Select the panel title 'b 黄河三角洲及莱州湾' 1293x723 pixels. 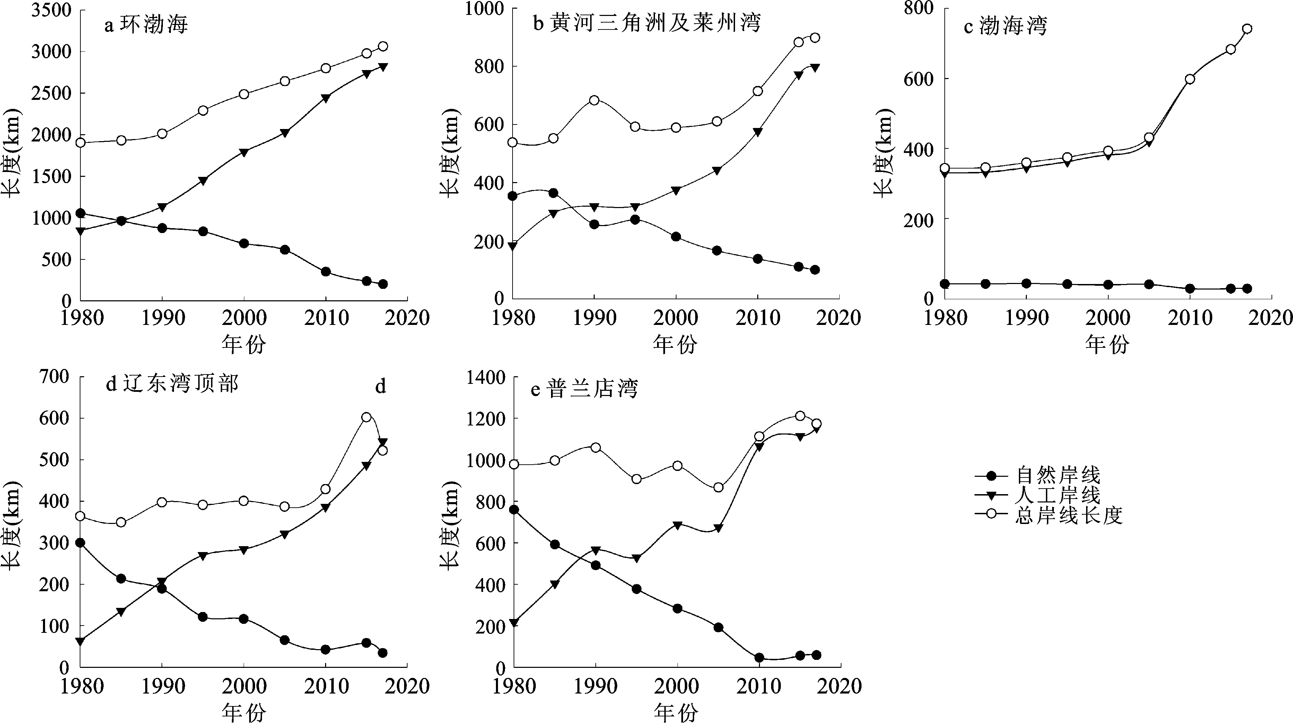click(x=647, y=23)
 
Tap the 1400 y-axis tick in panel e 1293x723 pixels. click(x=486, y=377)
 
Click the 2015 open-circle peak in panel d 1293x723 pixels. click(x=366, y=417)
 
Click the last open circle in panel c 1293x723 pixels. click(x=1247, y=29)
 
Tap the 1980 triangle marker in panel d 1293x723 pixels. click(x=80, y=641)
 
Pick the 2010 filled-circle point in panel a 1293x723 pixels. click(x=326, y=272)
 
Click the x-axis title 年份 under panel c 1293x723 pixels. click(x=1107, y=344)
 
